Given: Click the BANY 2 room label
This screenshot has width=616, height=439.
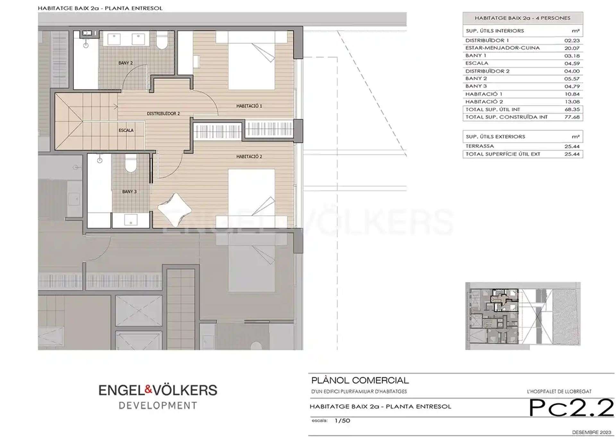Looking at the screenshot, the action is click(x=125, y=63).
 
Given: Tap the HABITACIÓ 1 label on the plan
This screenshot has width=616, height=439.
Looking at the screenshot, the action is click(x=249, y=106).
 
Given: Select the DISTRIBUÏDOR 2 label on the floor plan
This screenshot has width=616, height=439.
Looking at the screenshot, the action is click(x=163, y=114).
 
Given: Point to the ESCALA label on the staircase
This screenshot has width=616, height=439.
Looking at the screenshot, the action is click(x=126, y=130).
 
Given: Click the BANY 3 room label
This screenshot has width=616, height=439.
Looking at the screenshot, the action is click(x=129, y=192).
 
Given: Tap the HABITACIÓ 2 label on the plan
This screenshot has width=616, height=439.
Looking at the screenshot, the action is click(x=249, y=157).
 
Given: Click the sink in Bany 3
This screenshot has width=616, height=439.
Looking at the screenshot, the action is click(x=131, y=220).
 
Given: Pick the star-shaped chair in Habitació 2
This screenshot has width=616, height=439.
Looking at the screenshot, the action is click(x=175, y=209).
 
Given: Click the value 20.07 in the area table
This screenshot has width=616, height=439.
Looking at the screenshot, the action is click(x=572, y=48).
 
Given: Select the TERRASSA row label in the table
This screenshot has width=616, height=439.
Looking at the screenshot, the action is click(x=480, y=146).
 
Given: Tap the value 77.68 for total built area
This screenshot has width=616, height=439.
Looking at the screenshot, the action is click(x=572, y=117).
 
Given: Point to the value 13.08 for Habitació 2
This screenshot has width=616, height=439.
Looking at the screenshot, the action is click(x=572, y=102).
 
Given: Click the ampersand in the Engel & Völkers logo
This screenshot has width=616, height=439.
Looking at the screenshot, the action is click(x=148, y=390).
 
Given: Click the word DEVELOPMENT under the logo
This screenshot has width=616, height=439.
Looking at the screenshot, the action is click(x=158, y=406).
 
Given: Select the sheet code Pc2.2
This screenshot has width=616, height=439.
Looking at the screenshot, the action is click(x=571, y=408).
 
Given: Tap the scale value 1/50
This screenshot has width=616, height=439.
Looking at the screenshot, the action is click(x=342, y=421).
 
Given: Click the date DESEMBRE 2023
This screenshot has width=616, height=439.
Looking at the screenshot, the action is click(x=592, y=432).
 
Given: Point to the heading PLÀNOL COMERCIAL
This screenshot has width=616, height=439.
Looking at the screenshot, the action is click(x=360, y=381).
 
